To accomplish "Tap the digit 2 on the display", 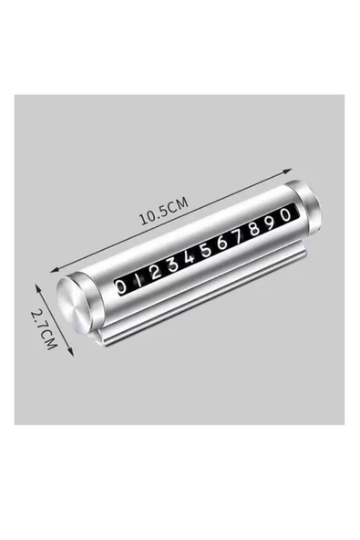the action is (x=155, y=273).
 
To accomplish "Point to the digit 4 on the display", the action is (x=189, y=257).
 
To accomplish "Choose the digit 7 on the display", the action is (x=239, y=236).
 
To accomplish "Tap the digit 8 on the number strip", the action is (x=254, y=229).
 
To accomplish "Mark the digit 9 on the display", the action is (x=271, y=223).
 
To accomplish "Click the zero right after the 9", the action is (x=285, y=215).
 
